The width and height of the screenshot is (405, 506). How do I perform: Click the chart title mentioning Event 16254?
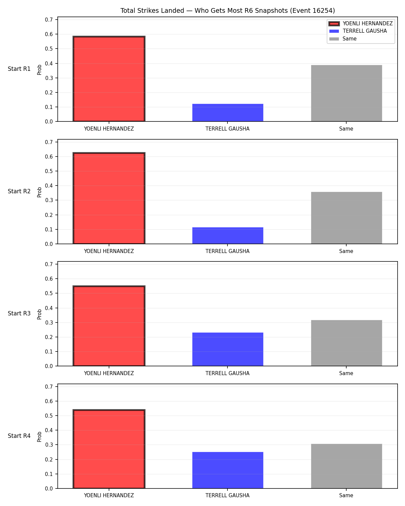[227, 10]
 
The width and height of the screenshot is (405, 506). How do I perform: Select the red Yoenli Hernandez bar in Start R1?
[109, 79]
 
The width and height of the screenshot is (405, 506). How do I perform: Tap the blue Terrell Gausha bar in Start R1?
[227, 113]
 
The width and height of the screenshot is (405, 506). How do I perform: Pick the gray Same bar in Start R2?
[346, 218]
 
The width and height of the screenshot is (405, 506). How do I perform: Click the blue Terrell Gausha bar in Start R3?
[227, 349]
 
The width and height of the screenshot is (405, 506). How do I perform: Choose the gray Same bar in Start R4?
[346, 466]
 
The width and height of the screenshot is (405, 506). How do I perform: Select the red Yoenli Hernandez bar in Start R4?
[109, 449]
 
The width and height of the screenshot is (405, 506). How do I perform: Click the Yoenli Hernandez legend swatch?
[334, 24]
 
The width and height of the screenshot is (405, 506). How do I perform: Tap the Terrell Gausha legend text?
[364, 31]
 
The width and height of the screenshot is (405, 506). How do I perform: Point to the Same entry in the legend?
[349, 39]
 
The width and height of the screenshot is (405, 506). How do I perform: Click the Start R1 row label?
[19, 69]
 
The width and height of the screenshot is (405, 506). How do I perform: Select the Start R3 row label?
[19, 313]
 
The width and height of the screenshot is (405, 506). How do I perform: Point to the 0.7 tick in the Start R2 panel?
[49, 142]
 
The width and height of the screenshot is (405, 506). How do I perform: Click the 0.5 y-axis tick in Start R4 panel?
[49, 416]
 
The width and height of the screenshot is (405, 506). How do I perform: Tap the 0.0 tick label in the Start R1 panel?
[49, 121]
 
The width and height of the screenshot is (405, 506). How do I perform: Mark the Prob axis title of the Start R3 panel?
[39, 314]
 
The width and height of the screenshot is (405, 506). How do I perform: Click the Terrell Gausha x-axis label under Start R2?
[227, 251]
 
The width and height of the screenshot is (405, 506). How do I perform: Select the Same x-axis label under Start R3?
[346, 373]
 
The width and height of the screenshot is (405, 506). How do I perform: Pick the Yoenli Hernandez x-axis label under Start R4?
[109, 496]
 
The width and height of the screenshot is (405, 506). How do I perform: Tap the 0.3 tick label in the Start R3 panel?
[49, 322]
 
